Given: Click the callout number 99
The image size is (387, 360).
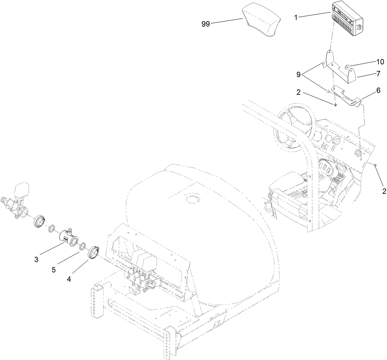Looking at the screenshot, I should [205, 24].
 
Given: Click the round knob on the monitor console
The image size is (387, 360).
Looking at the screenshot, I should [359, 27].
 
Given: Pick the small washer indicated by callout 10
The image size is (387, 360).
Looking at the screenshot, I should [347, 66].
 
